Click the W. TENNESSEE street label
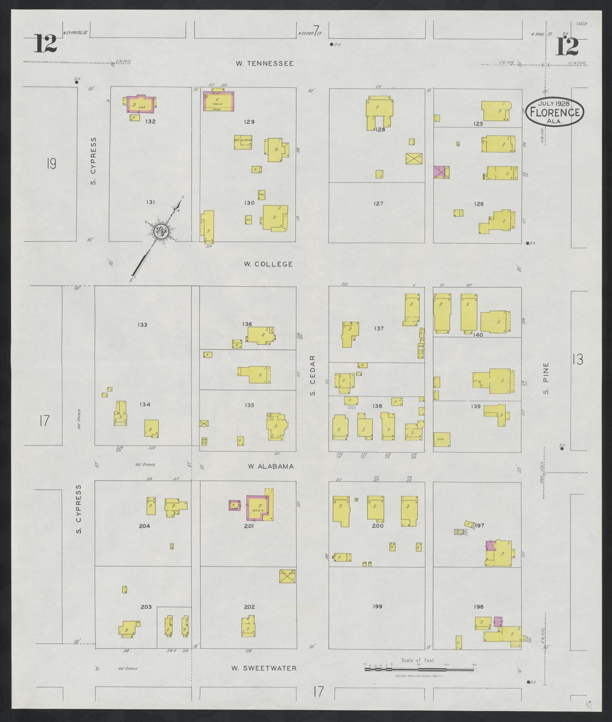[265, 64]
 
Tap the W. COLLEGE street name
[268, 264]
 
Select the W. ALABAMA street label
[271, 466]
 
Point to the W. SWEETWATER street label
[264, 668]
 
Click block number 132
[150, 121]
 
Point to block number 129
[249, 122]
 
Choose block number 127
[378, 203]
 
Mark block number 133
[142, 324]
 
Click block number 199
[377, 607]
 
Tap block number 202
[249, 607]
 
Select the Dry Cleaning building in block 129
[243, 142]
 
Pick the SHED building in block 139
[442, 439]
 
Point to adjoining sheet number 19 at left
[51, 164]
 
